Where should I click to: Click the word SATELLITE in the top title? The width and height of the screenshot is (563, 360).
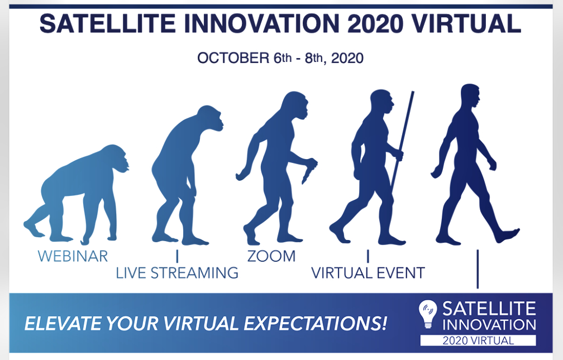[x=107, y=23]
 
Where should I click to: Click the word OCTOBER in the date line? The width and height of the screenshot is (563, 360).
[x=233, y=58]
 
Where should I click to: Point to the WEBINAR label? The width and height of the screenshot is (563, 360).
[x=73, y=256]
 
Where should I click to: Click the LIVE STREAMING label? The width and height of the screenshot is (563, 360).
[x=177, y=273]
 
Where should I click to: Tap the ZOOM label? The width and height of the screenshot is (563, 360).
[x=271, y=256]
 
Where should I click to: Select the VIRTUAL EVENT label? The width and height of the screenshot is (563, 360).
[x=368, y=273]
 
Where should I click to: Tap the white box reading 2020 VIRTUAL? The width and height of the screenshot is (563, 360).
[x=478, y=340]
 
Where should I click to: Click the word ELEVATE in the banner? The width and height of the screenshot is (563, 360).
[x=63, y=323]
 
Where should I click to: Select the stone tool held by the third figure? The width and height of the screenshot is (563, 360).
[x=309, y=170]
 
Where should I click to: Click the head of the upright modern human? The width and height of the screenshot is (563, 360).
[x=470, y=95]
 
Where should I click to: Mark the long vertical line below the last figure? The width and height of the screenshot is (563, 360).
[x=478, y=269]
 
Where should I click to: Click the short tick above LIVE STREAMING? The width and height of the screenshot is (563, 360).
[x=177, y=256]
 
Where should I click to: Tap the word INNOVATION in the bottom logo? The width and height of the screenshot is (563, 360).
[x=489, y=324]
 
